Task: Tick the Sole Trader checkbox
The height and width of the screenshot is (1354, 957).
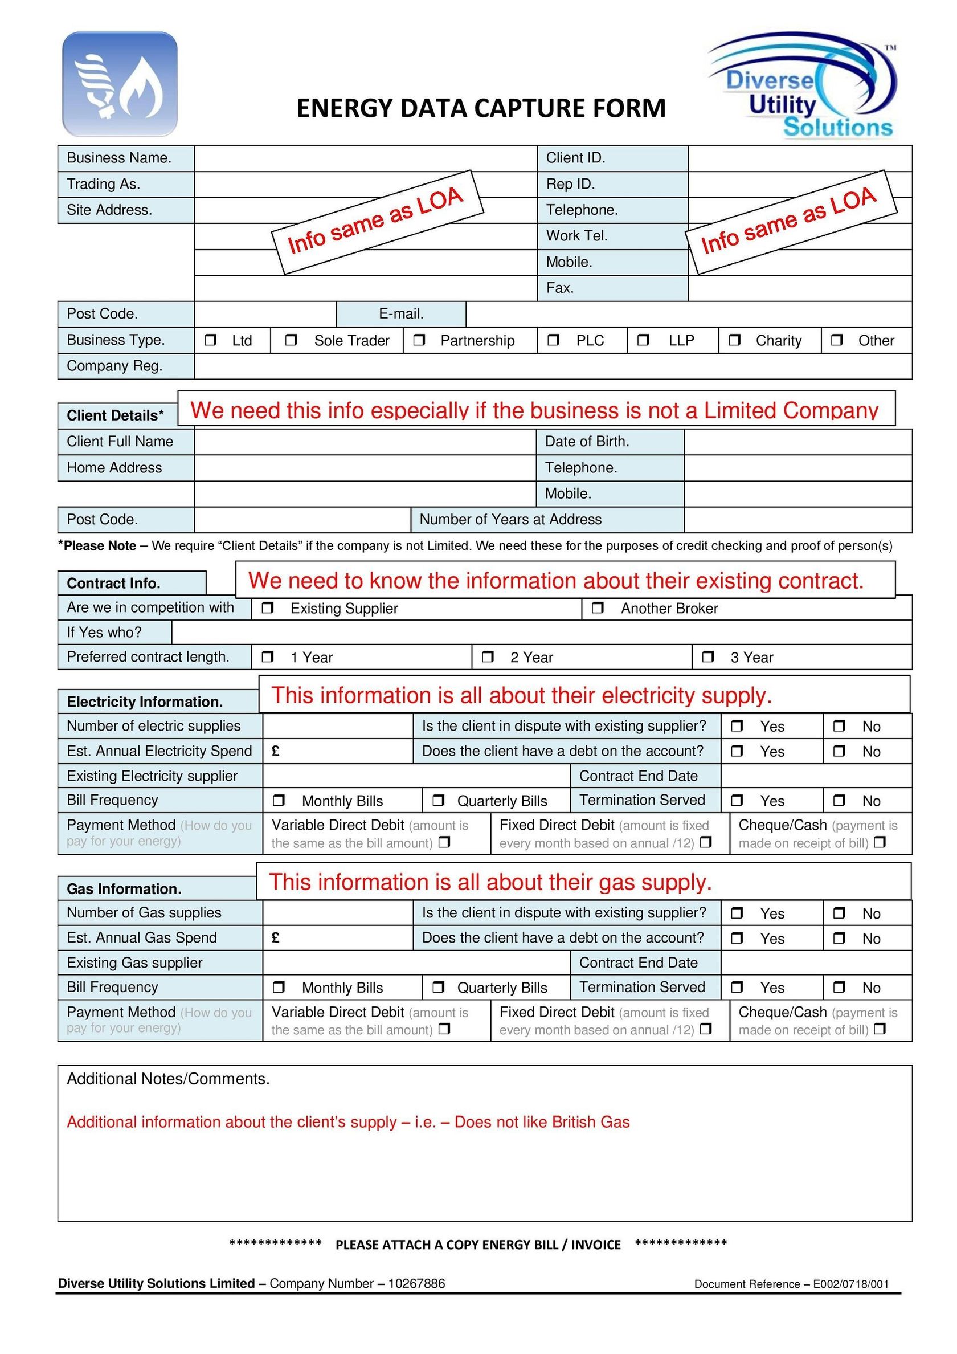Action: (x=291, y=340)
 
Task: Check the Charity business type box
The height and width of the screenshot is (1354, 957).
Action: (x=735, y=340)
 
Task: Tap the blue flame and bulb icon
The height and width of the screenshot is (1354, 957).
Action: (x=120, y=84)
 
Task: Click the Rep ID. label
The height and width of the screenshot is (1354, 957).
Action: (x=570, y=184)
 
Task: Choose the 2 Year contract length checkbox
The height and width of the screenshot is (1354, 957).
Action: (x=488, y=657)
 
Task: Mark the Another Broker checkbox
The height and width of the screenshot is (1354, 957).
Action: (x=598, y=608)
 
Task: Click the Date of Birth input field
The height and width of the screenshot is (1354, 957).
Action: (x=798, y=442)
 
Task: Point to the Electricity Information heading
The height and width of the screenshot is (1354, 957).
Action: (x=145, y=702)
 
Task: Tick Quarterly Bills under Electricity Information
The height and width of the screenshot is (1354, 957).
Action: (x=438, y=800)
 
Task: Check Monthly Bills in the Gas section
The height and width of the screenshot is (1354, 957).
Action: (x=279, y=987)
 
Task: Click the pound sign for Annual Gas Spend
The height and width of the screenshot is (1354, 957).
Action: (x=275, y=937)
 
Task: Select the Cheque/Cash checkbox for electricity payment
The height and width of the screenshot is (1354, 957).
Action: (x=880, y=843)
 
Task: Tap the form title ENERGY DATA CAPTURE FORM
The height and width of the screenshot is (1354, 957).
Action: (x=481, y=108)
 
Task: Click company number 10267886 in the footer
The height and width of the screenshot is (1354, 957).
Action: (x=416, y=1284)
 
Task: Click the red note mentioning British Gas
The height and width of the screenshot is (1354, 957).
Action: (x=348, y=1121)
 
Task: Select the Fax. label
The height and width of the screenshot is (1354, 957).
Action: (x=559, y=288)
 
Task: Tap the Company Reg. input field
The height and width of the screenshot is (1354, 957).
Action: (x=553, y=366)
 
